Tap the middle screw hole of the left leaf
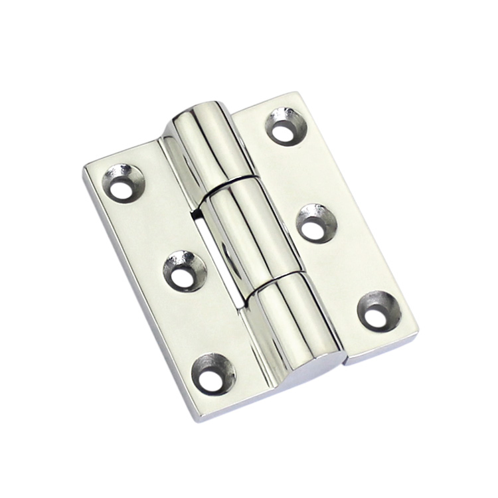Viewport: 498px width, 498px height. pos(181,271)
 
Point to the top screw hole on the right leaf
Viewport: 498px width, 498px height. pos(285,127)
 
